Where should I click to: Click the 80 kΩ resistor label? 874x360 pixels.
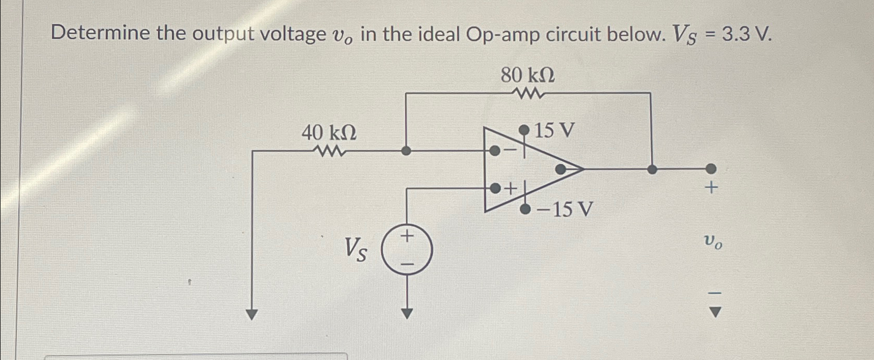527,76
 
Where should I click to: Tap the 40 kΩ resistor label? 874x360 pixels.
329,134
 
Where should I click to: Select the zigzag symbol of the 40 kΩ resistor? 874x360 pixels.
329,152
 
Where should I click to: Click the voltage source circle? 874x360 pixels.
407,251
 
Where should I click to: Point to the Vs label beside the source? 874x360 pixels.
357,249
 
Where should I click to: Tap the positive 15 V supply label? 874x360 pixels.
554,130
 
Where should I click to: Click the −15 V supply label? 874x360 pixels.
564,210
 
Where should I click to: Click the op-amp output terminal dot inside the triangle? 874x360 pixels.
561,169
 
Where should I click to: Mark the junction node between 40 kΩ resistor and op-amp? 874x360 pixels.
407,151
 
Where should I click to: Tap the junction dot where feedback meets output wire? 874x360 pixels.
652,169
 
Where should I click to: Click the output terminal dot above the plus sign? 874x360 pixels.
711,168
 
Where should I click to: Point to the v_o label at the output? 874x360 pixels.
712,242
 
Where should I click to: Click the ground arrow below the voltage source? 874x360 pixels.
407,313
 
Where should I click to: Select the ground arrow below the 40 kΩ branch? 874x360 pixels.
252,314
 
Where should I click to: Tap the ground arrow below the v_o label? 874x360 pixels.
715,312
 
